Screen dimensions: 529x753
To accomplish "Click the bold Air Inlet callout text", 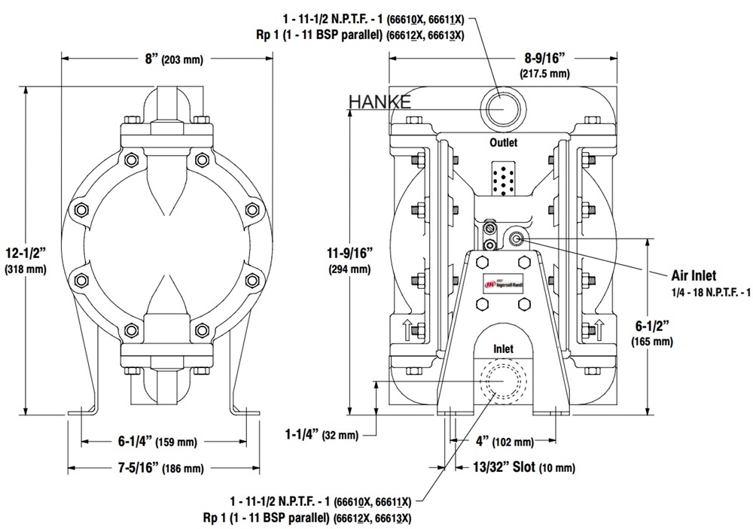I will click(x=694, y=275).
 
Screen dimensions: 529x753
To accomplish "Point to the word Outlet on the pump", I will click(x=505, y=142).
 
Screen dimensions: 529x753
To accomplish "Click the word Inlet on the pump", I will click(x=503, y=349).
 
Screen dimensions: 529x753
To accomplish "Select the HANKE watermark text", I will click(x=380, y=102).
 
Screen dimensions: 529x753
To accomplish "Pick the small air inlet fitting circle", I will click(x=517, y=239).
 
